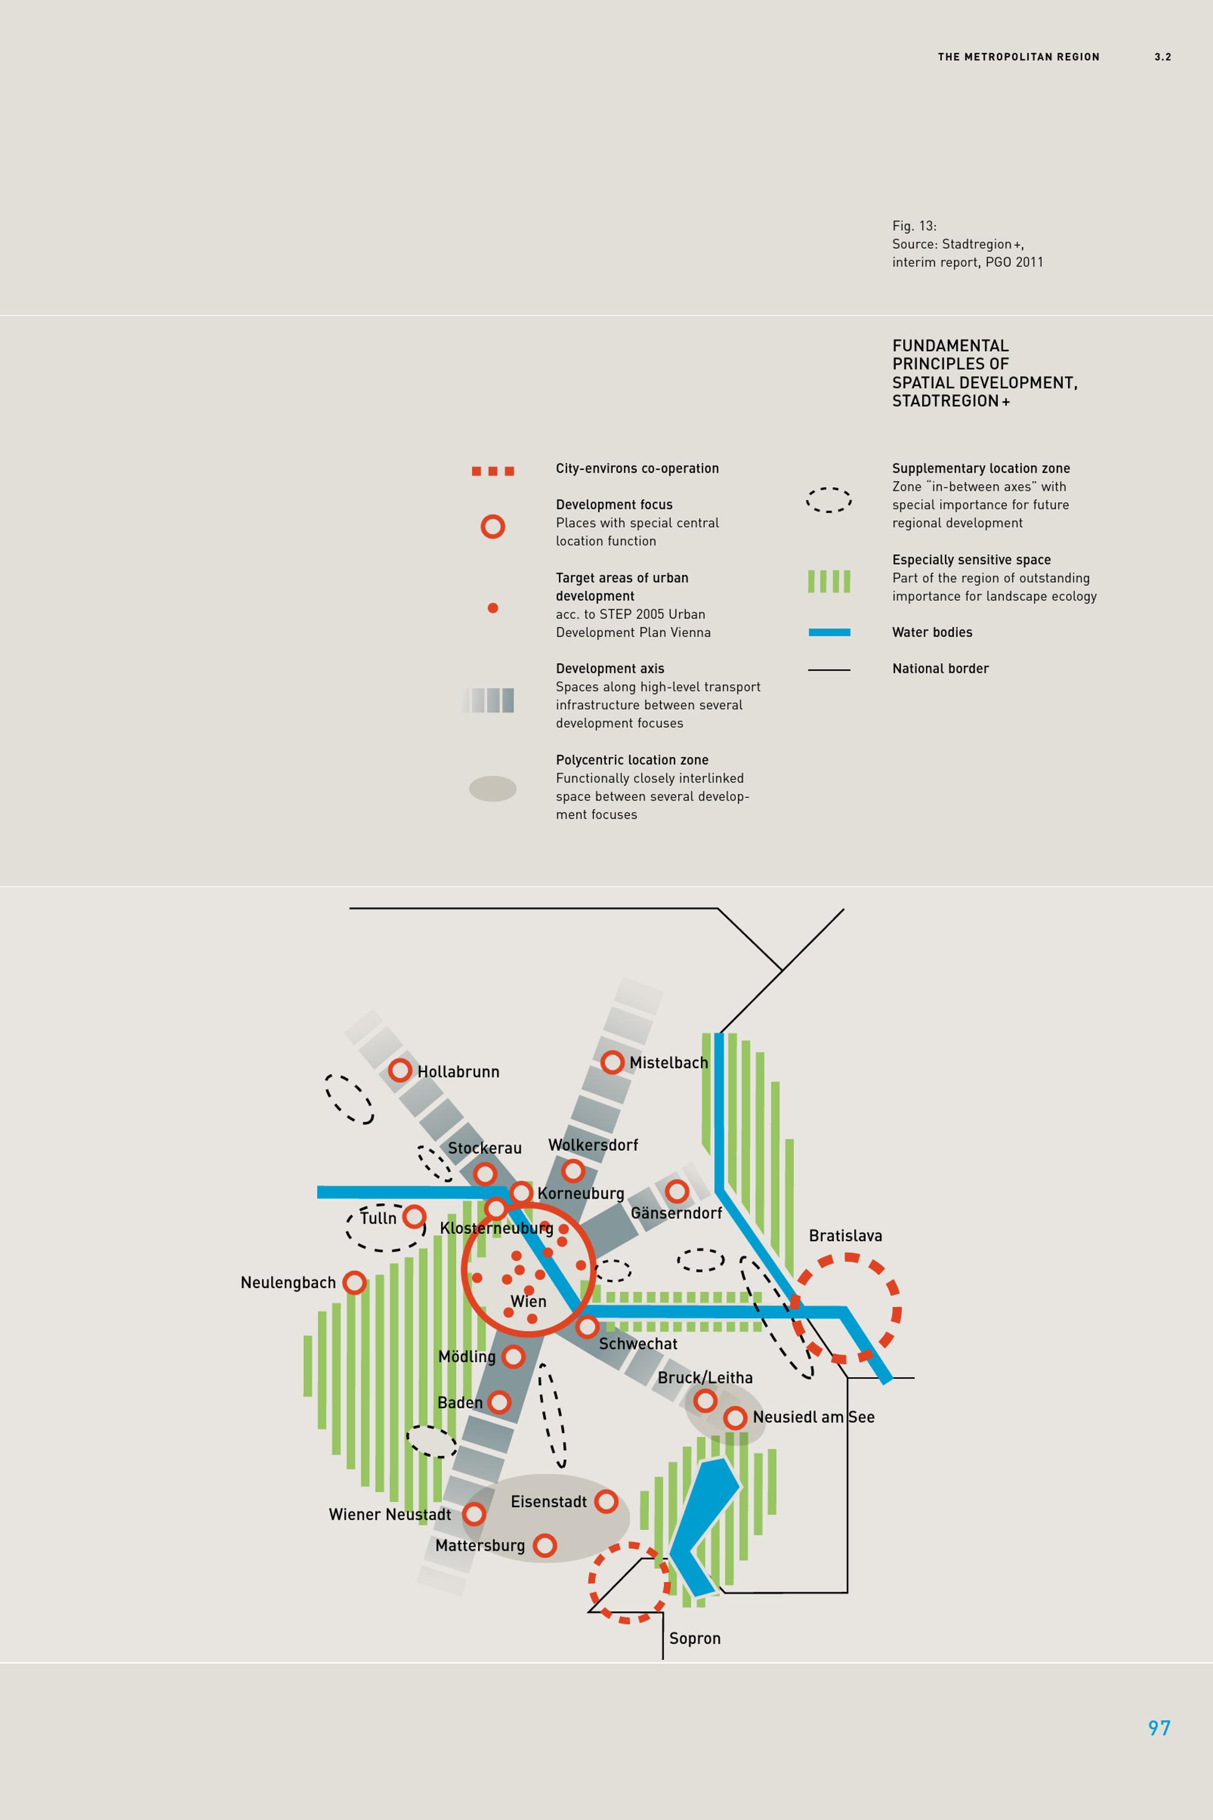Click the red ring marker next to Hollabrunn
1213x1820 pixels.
pos(400,1070)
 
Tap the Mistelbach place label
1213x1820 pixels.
pos(668,1062)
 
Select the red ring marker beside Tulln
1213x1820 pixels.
pos(415,1216)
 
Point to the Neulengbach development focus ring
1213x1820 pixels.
pos(354,1282)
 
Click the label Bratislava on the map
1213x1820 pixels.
pos(845,1236)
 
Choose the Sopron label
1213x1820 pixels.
pos(694,1638)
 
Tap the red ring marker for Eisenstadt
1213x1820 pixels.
pos(606,1501)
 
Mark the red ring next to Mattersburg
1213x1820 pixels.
pos(545,1545)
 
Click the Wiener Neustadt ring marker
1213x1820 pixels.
pos(474,1514)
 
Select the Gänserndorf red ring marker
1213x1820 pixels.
pos(677,1191)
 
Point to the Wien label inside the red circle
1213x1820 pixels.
pos(528,1301)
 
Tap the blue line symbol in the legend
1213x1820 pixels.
pos(829,632)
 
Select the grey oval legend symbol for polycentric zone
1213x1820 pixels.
pos(492,789)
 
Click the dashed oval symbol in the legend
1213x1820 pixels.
pos(828,500)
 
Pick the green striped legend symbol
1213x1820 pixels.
pos(829,581)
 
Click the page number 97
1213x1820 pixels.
pos(1159,1728)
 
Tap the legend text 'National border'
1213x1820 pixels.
pos(940,669)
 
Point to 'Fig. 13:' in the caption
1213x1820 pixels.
pos(915,226)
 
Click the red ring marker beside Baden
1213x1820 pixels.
pos(499,1401)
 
